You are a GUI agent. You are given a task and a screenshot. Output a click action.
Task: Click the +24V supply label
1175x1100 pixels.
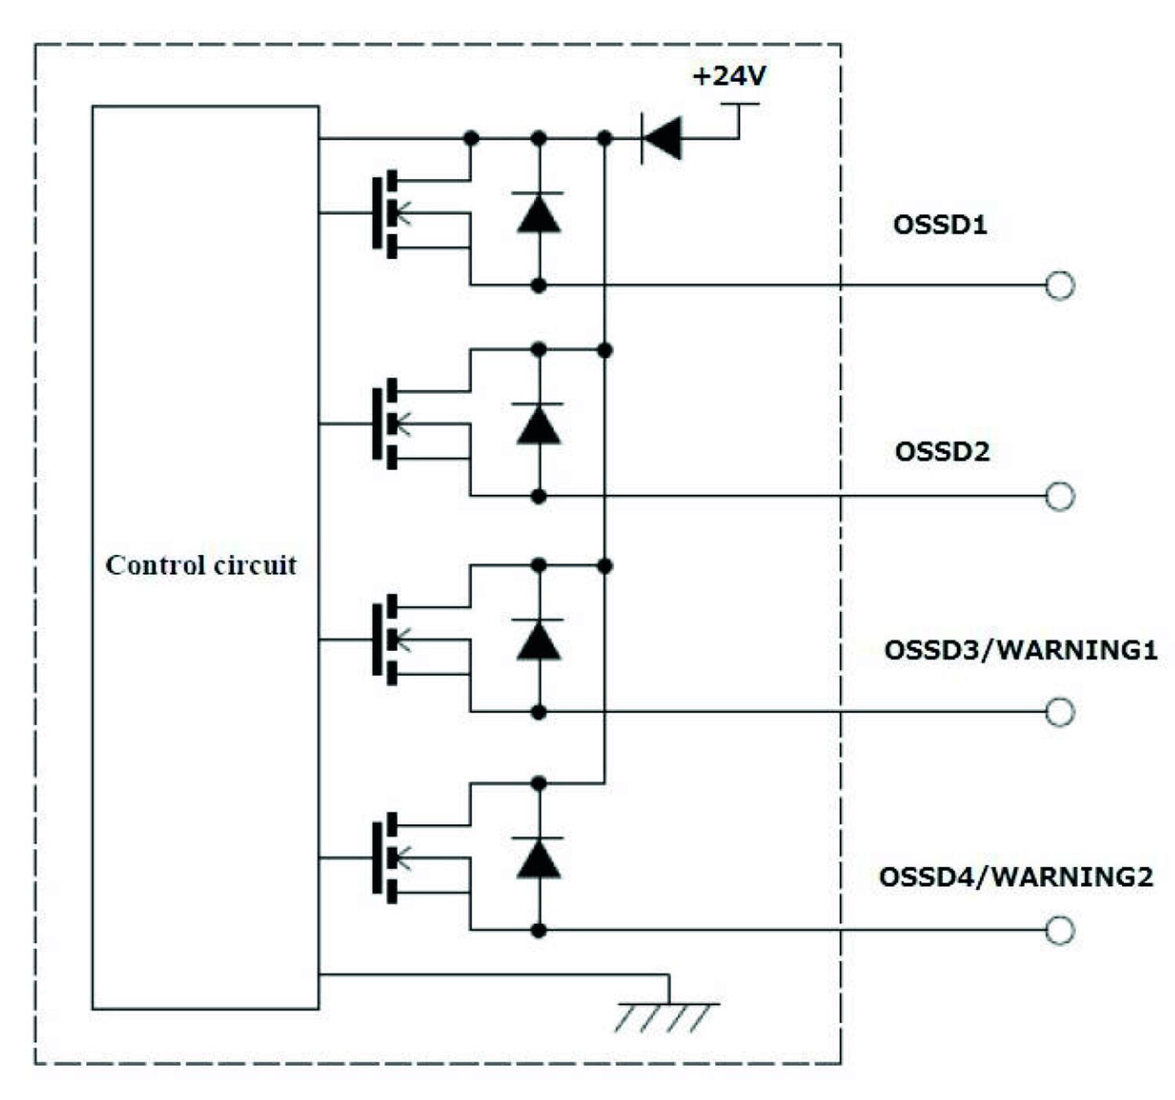pyautogui.click(x=729, y=76)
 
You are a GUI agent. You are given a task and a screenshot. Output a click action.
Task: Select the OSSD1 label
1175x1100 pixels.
pyautogui.click(x=940, y=225)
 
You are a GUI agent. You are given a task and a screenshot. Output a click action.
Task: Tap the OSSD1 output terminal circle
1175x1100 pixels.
pyautogui.click(x=1060, y=286)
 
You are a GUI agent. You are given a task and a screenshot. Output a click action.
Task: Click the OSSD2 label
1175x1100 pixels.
pyautogui.click(x=942, y=452)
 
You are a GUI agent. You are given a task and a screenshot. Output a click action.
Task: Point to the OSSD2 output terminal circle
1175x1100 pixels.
pyautogui.click(x=1060, y=496)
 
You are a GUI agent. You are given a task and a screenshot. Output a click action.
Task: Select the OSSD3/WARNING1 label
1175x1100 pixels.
pyautogui.click(x=1021, y=650)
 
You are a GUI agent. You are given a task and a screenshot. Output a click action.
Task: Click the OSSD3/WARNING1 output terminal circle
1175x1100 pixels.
pyautogui.click(x=1060, y=712)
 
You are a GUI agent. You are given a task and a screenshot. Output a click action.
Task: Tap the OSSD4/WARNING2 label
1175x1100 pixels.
pyautogui.click(x=1016, y=877)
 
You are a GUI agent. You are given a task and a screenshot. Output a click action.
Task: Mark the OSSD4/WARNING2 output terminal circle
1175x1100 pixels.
pyautogui.click(x=1060, y=930)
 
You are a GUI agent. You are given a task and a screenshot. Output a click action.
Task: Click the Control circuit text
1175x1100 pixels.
pyautogui.click(x=201, y=564)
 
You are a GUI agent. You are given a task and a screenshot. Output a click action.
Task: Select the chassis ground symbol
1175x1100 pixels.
pyautogui.click(x=667, y=1014)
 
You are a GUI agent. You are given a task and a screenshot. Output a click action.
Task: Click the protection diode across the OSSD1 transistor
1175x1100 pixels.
pyautogui.click(x=539, y=213)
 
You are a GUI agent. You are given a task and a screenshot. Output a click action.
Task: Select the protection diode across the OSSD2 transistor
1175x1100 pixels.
pyautogui.click(x=539, y=424)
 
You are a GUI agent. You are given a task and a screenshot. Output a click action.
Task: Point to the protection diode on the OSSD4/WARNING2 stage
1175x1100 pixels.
pyautogui.click(x=539, y=858)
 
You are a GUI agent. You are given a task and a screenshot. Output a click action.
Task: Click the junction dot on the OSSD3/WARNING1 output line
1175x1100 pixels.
pyautogui.click(x=539, y=712)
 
